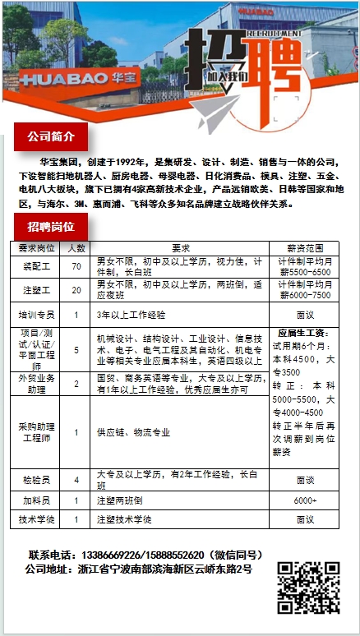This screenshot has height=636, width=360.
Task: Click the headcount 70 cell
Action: pyautogui.click(x=76, y=266)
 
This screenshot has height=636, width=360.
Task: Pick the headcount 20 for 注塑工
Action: pyautogui.click(x=76, y=290)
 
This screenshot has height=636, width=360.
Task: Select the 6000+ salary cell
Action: pyautogui.click(x=306, y=499)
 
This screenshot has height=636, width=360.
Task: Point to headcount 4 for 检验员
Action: pyautogui.click(x=76, y=479)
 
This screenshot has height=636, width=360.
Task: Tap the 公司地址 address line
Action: pyautogui.click(x=137, y=569)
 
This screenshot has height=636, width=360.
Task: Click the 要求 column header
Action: pyautogui.click(x=181, y=247)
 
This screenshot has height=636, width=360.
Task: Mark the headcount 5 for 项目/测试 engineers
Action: pyautogui.click(x=76, y=349)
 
